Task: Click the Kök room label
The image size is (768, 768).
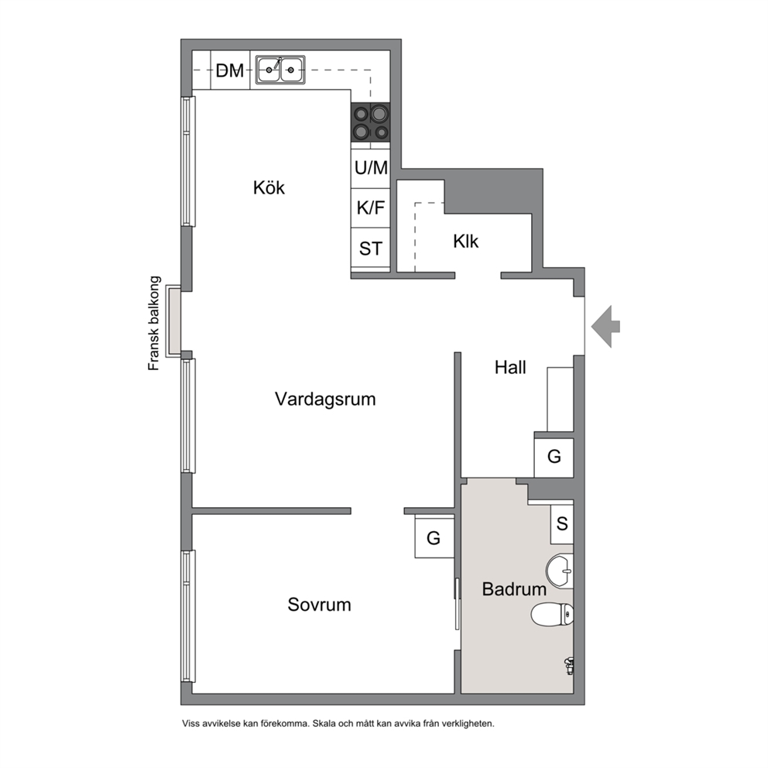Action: click(x=269, y=187)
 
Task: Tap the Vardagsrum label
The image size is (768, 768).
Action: click(x=325, y=399)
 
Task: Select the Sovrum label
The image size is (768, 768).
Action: click(x=319, y=605)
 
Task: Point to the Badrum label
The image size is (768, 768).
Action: click(x=514, y=588)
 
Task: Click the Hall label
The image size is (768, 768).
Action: click(x=510, y=367)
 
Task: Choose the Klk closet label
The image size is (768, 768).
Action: click(x=466, y=242)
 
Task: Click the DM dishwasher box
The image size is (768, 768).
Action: click(x=230, y=70)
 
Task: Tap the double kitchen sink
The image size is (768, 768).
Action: click(x=280, y=70)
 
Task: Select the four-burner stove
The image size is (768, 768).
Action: click(x=370, y=122)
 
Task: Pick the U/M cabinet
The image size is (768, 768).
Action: click(x=371, y=169)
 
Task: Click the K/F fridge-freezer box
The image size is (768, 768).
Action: click(x=371, y=208)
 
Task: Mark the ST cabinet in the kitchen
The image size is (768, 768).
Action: click(x=371, y=248)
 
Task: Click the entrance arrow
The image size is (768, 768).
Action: click(x=606, y=326)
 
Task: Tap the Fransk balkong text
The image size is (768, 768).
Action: click(x=154, y=324)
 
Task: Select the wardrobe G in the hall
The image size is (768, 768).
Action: click(x=554, y=458)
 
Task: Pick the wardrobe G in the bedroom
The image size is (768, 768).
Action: click(x=434, y=537)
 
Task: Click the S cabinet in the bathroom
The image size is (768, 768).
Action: click(x=562, y=524)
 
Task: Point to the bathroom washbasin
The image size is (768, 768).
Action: click(x=561, y=571)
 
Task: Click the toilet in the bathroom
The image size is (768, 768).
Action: click(x=553, y=615)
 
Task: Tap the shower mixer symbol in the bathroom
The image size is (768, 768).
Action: click(x=569, y=666)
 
